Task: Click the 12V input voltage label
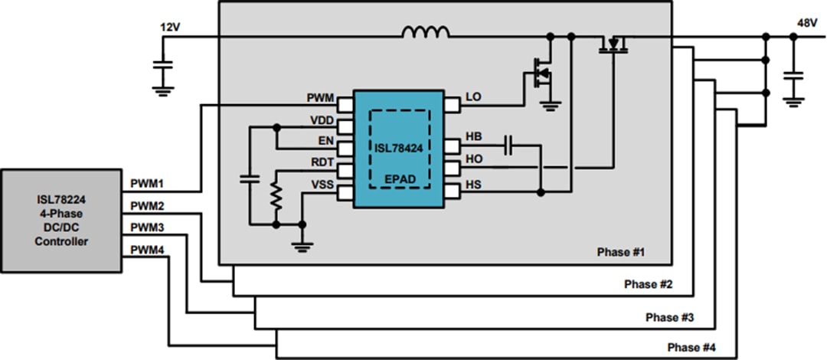[171, 27]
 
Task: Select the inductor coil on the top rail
[427, 33]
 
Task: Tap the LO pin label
[473, 99]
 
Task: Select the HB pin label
[473, 136]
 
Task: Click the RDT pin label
[321, 162]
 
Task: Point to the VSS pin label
[321, 184]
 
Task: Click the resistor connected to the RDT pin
[276, 198]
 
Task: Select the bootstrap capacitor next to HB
[508, 144]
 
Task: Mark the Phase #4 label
[691, 348]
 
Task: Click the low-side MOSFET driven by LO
[541, 75]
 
